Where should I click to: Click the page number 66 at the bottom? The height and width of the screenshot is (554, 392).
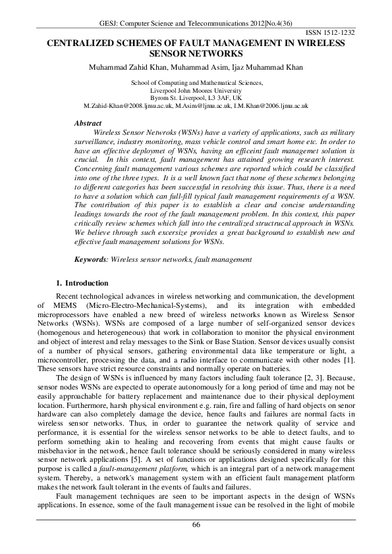click(196, 524)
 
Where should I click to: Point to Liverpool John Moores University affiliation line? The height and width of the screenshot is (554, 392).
click(197, 90)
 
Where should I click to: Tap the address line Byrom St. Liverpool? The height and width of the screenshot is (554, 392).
click(197, 97)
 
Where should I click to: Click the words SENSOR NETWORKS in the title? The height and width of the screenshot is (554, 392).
click(196, 53)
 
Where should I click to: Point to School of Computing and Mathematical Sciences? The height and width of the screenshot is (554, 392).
click(197, 83)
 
